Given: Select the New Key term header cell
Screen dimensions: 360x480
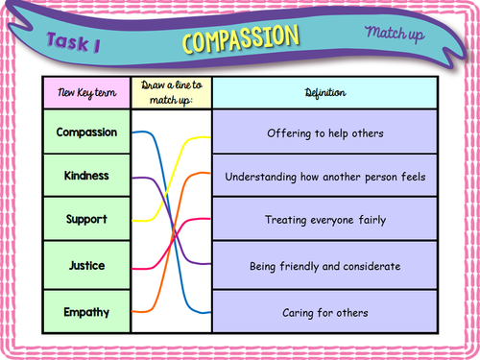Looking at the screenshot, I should click(x=86, y=93).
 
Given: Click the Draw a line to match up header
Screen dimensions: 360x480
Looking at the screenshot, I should click(x=171, y=93).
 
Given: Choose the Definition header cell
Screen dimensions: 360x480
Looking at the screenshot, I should click(x=324, y=93).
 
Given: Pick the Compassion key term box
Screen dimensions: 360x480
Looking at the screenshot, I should click(x=86, y=132).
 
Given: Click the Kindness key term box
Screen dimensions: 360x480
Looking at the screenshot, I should click(x=86, y=177).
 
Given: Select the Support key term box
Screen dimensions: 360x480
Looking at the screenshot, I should click(x=86, y=221).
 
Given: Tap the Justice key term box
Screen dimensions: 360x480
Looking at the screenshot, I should click(x=86, y=265).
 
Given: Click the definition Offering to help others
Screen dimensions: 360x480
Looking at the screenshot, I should click(x=324, y=132).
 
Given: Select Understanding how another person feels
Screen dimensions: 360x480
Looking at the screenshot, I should click(x=324, y=177).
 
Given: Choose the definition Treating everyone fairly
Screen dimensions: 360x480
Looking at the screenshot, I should click(x=324, y=221).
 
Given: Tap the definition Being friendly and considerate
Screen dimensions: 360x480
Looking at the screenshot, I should click(x=324, y=265).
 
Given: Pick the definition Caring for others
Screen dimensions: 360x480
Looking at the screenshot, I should click(x=324, y=312).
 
